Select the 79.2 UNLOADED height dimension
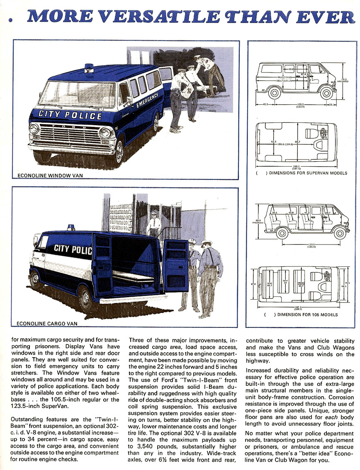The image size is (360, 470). tap(344, 80)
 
